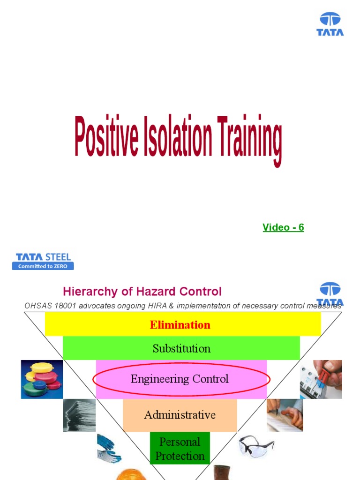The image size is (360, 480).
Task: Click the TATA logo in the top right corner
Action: point(330,24)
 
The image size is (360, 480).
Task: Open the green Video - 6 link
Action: point(283,227)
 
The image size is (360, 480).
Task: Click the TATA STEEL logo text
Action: point(43,257)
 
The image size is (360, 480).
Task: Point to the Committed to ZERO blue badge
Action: point(43,266)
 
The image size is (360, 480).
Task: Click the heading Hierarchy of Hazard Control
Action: point(142,292)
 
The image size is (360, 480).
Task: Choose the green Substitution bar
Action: point(181,348)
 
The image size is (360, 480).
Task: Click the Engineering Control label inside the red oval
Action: point(180,379)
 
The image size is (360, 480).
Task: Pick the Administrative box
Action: point(180,415)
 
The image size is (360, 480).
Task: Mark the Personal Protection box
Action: point(180,449)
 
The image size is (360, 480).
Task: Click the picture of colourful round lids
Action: point(42,379)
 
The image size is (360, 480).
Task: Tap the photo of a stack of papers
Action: point(79,415)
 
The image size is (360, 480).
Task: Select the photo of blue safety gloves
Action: point(108,448)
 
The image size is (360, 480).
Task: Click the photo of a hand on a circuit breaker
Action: point(321,379)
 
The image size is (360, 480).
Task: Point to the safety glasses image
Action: point(255,445)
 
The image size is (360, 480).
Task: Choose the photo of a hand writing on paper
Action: point(285,415)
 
